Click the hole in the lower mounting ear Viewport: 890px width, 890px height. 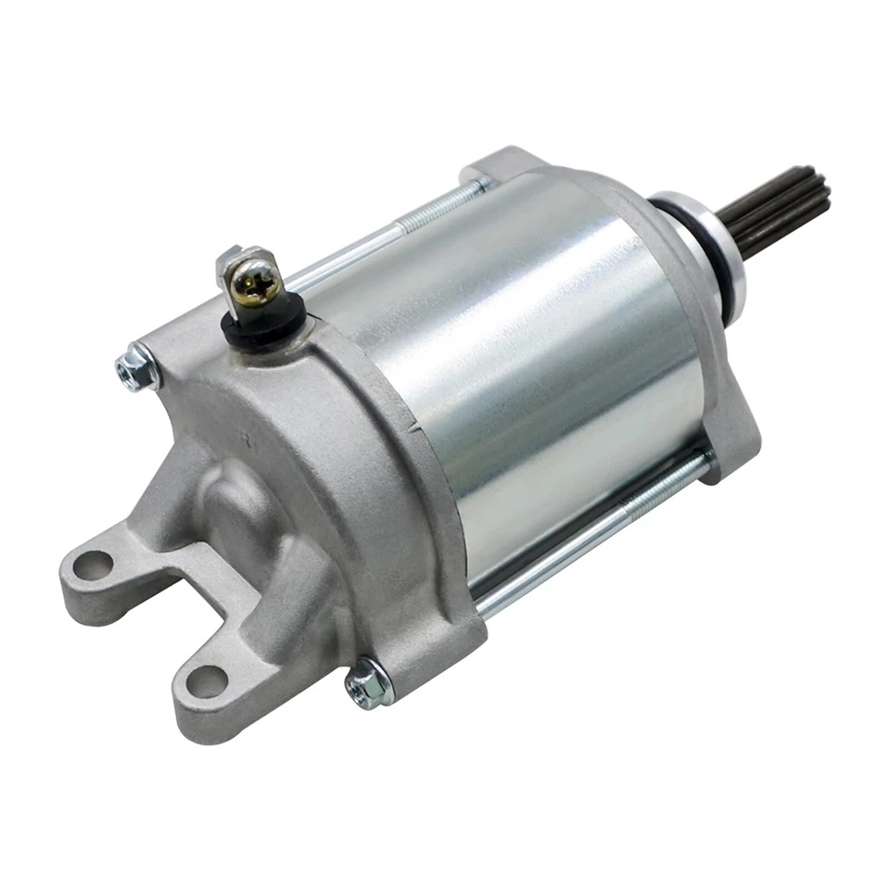[206, 682]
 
